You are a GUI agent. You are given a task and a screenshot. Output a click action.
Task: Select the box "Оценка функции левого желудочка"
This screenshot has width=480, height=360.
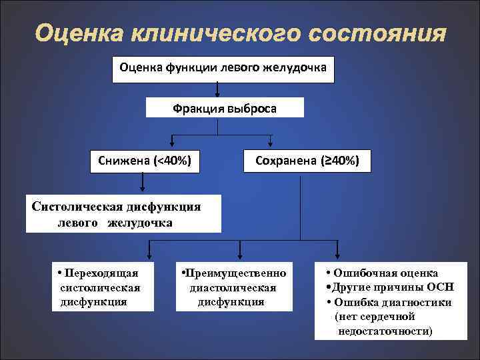[x=223, y=67]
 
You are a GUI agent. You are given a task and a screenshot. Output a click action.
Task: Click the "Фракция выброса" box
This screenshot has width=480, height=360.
[x=225, y=107]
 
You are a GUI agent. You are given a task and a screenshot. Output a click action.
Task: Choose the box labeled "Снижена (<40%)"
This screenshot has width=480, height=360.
[x=144, y=160]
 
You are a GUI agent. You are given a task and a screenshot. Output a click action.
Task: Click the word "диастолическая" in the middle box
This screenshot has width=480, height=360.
[x=233, y=287]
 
